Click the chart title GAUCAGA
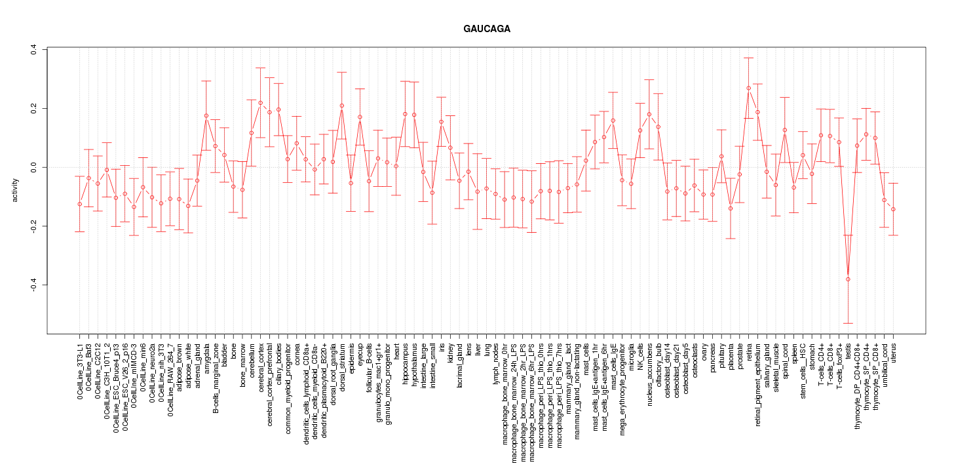(x=486, y=29)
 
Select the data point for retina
(x=748, y=88)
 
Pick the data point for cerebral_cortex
(x=260, y=103)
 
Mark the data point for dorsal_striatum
(x=341, y=106)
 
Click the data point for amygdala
(x=206, y=115)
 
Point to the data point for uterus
(x=892, y=209)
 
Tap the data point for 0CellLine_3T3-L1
(x=79, y=204)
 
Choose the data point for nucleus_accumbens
(x=649, y=114)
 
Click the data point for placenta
(x=730, y=208)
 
